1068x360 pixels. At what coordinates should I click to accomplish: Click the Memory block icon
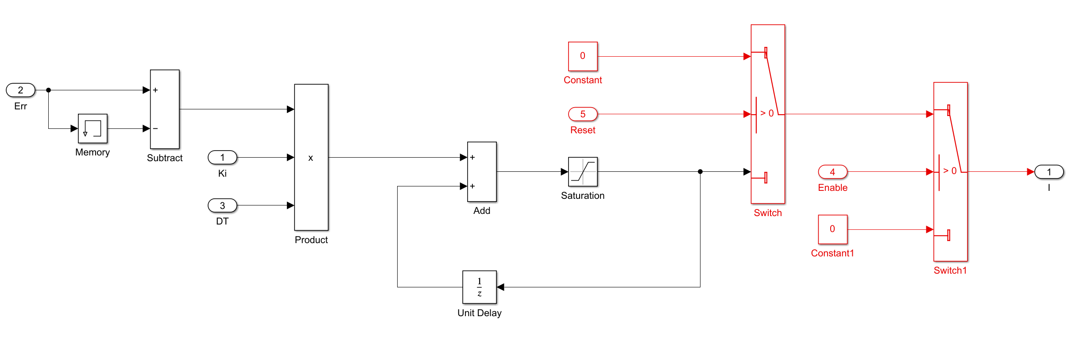coord(93,128)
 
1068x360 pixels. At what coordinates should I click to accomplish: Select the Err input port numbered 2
coord(20,90)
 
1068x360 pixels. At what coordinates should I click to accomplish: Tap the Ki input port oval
coord(222,157)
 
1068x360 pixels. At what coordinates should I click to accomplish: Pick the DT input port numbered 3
coord(222,205)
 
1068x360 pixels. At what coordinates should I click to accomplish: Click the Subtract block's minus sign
coord(155,128)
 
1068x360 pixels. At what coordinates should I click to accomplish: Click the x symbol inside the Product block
coord(311,158)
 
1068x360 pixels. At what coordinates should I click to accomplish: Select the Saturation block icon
coord(583,172)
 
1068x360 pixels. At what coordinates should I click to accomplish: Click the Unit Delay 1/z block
coord(480,287)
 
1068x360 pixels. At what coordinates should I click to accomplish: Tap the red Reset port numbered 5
coord(583,114)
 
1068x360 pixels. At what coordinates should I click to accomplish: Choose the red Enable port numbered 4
coord(832,172)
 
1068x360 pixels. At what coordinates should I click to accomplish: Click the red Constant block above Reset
coord(583,56)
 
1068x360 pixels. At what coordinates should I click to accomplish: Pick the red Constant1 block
coord(832,229)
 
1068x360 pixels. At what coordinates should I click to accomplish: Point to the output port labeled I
coord(1049,172)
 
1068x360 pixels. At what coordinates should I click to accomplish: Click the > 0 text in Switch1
coord(950,171)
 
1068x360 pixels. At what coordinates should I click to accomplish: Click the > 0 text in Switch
coord(767,113)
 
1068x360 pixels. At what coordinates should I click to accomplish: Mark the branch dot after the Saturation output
coord(700,172)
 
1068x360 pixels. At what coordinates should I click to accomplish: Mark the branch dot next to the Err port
coord(49,90)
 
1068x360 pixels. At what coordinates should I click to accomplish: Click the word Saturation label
coord(583,196)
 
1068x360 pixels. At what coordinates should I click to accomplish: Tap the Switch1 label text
coord(950,271)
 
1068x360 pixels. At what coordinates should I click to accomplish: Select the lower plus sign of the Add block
coord(472,186)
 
